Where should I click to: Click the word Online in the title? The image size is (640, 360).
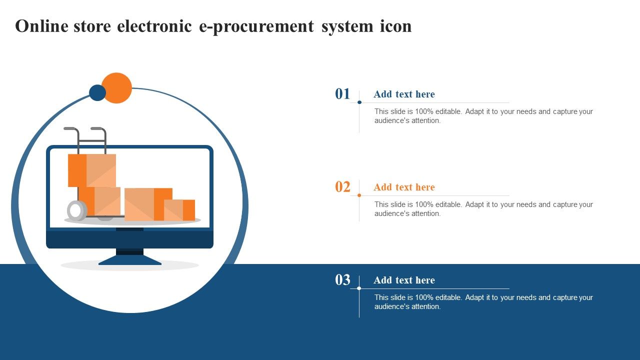pos(41,26)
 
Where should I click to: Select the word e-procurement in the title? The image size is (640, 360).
pos(256,27)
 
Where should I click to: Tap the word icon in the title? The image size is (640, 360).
pos(395,26)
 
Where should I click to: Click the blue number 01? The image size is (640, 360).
pos(342,93)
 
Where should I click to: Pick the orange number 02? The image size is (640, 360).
pos(342,187)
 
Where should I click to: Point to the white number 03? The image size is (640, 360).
pos(342,279)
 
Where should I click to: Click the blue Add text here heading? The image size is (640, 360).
pos(404,94)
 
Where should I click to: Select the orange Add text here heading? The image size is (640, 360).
pos(404,187)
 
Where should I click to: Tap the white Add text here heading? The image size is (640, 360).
pos(404,280)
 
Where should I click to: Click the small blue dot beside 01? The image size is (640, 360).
pos(359,102)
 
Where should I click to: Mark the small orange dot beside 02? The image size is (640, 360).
pos(359,195)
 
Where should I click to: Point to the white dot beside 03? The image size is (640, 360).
pos(359,288)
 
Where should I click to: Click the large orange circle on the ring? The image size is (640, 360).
pos(116,87)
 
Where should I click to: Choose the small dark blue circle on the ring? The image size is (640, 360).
pos(97,92)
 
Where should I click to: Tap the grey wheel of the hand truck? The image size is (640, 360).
pos(77,210)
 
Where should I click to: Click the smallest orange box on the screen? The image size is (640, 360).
pos(179,210)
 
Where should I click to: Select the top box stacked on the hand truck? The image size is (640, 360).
pos(92,170)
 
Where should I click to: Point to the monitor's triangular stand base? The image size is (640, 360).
pos(130,260)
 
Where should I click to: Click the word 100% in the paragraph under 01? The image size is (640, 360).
pos(424,111)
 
